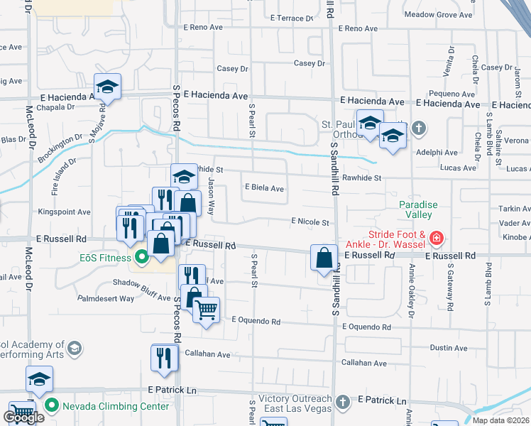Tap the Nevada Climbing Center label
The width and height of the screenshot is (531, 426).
(116, 406)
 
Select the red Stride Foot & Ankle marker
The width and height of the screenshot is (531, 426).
(438, 237)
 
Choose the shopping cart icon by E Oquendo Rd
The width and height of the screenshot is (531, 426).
(206, 310)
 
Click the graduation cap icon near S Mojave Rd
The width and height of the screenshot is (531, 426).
(107, 87)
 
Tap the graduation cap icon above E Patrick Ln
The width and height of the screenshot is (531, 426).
(40, 379)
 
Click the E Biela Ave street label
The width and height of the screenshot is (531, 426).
(264, 189)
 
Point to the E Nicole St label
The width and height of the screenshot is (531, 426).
(310, 222)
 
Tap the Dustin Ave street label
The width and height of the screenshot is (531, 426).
(449, 348)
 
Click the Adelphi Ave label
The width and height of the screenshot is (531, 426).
(438, 153)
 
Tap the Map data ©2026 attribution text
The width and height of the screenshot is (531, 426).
(500, 420)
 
